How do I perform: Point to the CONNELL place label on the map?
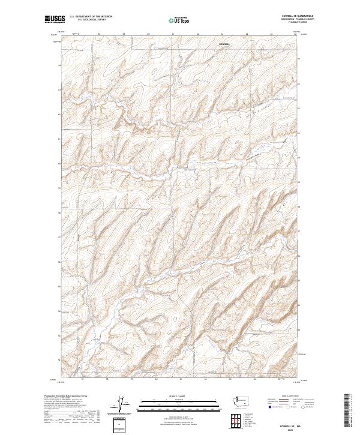point(224,44)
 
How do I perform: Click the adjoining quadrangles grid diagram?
point(241,421)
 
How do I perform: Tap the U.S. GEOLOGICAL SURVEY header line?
point(91,19)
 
